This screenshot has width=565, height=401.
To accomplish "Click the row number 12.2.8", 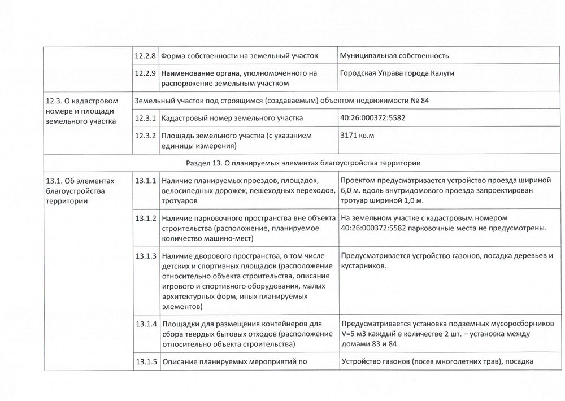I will (146, 56).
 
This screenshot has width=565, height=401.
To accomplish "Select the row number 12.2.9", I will (146, 73).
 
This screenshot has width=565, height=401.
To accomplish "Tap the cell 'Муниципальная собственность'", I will (394, 56).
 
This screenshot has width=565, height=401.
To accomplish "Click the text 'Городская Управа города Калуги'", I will (398, 73).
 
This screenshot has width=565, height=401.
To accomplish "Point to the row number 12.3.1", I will (146, 119).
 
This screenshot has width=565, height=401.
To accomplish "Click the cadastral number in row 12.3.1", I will (373, 119).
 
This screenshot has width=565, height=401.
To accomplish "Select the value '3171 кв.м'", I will (358, 136).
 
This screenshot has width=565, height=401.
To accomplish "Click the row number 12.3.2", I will (146, 136).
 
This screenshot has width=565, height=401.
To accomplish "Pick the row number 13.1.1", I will (146, 181).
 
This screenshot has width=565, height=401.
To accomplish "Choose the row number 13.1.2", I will (146, 218).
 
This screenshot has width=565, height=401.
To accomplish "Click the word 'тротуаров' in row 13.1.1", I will (179, 201).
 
